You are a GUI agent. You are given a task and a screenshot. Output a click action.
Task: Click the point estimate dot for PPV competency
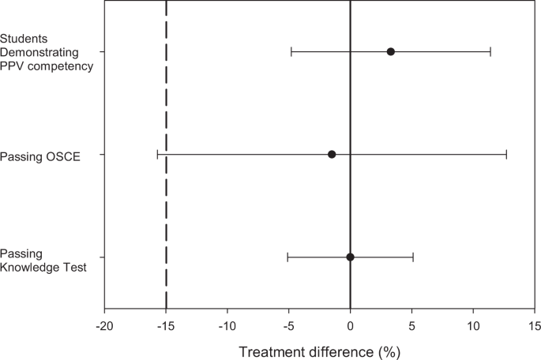point(391,51)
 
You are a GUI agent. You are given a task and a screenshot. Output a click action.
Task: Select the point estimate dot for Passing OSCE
point(332,154)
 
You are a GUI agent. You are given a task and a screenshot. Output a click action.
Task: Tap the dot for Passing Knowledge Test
point(351,257)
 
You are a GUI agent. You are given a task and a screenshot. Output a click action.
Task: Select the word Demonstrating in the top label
point(39,51)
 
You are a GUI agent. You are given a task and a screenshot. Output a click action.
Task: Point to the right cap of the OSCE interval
point(506,154)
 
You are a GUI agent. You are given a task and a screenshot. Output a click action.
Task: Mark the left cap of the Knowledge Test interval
point(287,257)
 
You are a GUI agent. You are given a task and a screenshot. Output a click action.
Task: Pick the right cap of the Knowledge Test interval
point(413,257)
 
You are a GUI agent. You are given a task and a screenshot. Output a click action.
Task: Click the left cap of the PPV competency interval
point(291,51)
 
